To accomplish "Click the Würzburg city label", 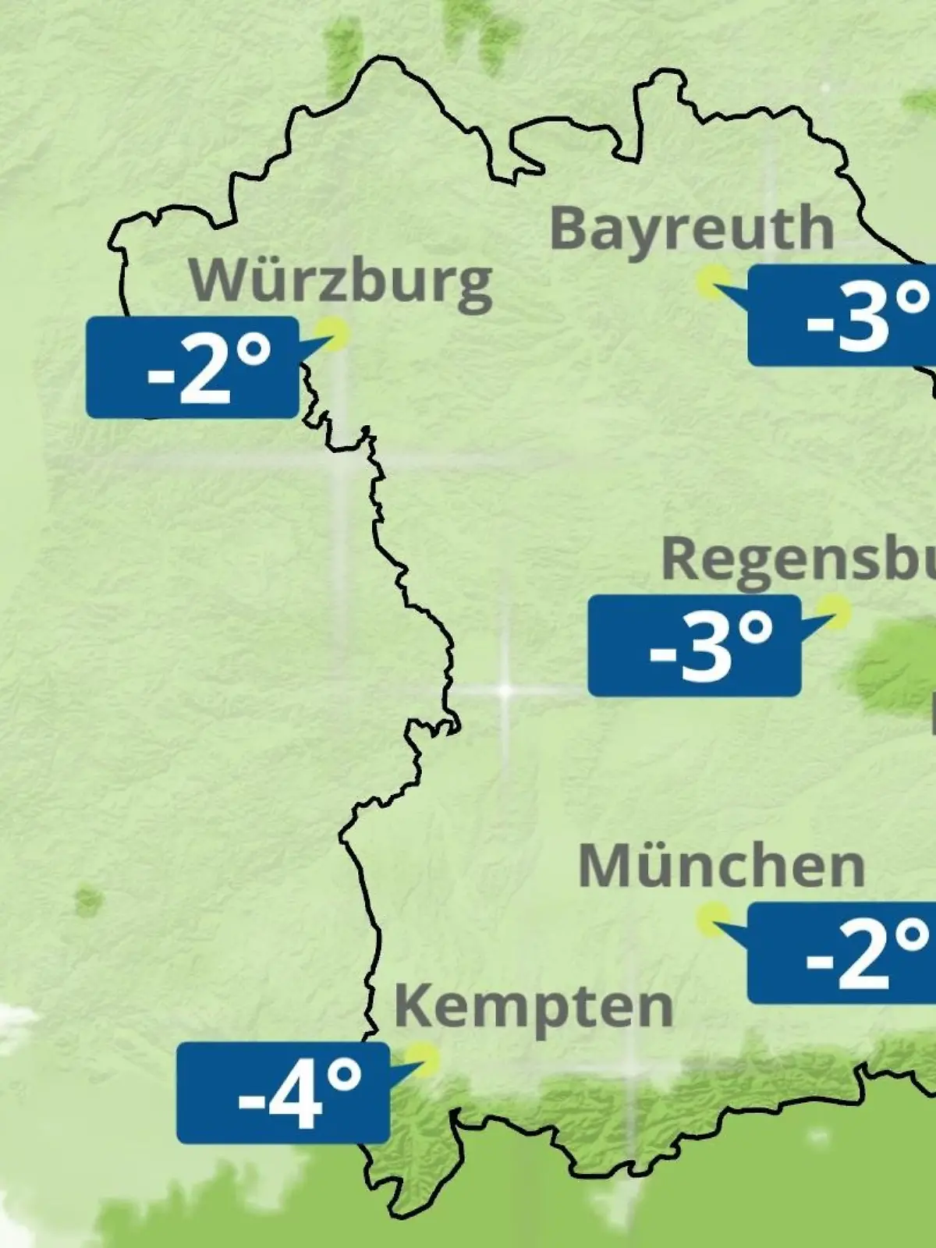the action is (x=341, y=282).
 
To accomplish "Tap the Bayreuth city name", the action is (x=692, y=229).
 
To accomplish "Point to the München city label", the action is (x=721, y=866).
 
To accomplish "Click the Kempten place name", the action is (x=534, y=1007).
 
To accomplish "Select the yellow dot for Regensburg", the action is (x=833, y=611).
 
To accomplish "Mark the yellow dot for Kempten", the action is (x=425, y=1060).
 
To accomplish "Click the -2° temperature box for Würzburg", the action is (x=193, y=367).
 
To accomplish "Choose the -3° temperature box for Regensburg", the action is (x=694, y=646).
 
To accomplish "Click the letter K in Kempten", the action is (x=413, y=1006).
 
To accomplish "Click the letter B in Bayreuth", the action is (x=569, y=228).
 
